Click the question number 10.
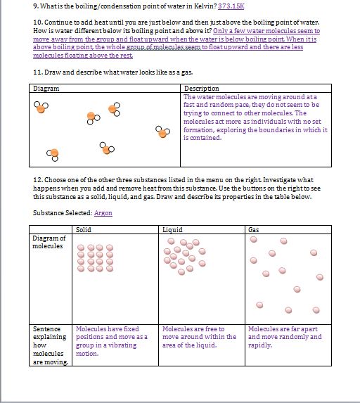tap(37, 23)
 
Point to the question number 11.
tap(37, 72)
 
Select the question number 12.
tap(37, 180)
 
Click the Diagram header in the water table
tap(46, 89)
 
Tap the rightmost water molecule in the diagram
tap(163, 132)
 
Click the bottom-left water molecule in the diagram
tap(52, 153)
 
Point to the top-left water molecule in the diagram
tap(41, 107)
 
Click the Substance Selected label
tap(63, 213)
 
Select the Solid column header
tap(84, 229)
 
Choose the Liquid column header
tap(172, 229)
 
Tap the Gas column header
tap(254, 229)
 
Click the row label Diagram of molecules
tap(49, 242)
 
